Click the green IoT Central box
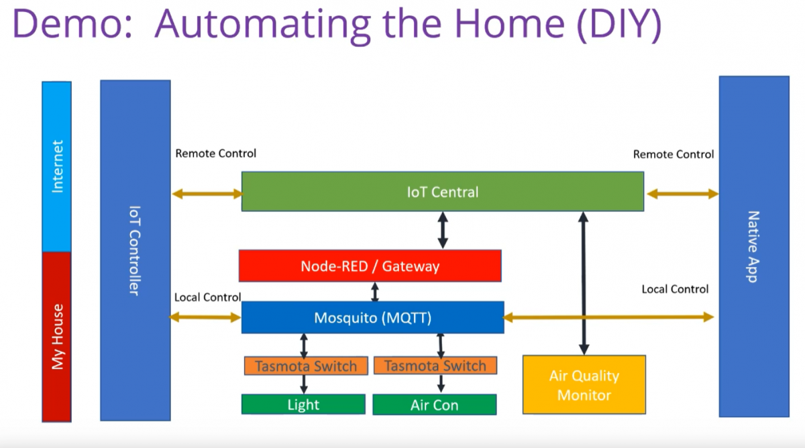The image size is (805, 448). pos(442,192)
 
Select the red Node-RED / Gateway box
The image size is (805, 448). pos(370,266)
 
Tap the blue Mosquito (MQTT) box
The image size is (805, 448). pos(372,317)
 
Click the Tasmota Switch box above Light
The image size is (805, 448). pos(305,366)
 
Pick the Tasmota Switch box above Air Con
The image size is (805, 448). pos(435,366)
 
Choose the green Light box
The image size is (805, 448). pos(303,404)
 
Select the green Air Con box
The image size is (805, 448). pos(434,405)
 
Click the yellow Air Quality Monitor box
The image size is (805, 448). pos(584,385)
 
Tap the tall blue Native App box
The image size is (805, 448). pos(753,246)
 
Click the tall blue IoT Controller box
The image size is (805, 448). pos(135,250)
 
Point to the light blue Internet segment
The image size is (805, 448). pos(56,166)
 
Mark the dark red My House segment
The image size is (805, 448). pos(56,337)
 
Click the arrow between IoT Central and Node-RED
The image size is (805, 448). pos(443,230)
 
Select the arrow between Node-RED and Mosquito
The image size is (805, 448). pos(375,292)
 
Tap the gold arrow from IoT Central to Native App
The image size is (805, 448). pos(682,194)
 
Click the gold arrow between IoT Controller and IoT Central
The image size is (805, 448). pos(207,194)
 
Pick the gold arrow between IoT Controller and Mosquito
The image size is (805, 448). pos(207,317)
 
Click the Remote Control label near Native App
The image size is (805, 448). pos(673,154)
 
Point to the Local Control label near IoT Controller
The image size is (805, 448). pos(207,297)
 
